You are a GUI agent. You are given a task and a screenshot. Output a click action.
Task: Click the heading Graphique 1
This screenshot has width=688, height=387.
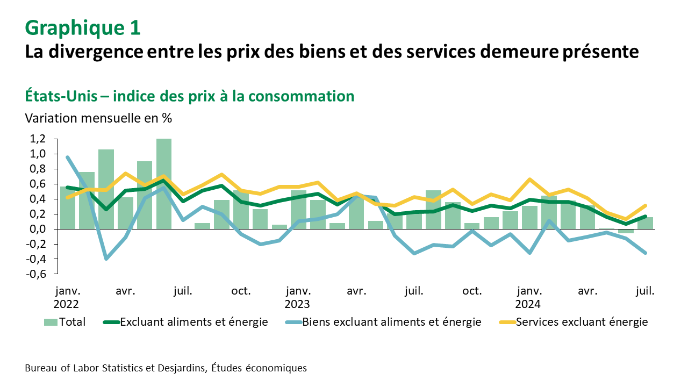click(83, 28)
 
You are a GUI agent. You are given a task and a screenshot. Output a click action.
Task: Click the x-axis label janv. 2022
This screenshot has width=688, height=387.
click(67, 297)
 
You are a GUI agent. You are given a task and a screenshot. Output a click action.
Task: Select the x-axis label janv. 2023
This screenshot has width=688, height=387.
click(297, 297)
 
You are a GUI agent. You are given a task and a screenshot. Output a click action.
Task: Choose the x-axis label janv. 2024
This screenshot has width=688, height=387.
click(528, 297)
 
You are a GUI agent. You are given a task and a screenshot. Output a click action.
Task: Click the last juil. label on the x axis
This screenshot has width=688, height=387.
click(645, 291)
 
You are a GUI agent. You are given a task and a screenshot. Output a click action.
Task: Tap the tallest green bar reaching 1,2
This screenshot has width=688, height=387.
click(164, 183)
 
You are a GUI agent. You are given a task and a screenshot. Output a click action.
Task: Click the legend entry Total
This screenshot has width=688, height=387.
click(64, 322)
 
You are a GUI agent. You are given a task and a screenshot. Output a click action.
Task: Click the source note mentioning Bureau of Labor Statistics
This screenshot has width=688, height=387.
click(166, 368)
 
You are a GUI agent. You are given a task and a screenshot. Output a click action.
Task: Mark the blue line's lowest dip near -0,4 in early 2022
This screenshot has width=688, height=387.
click(106, 259)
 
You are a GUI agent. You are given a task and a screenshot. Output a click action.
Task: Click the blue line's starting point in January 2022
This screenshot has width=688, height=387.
click(67, 157)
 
